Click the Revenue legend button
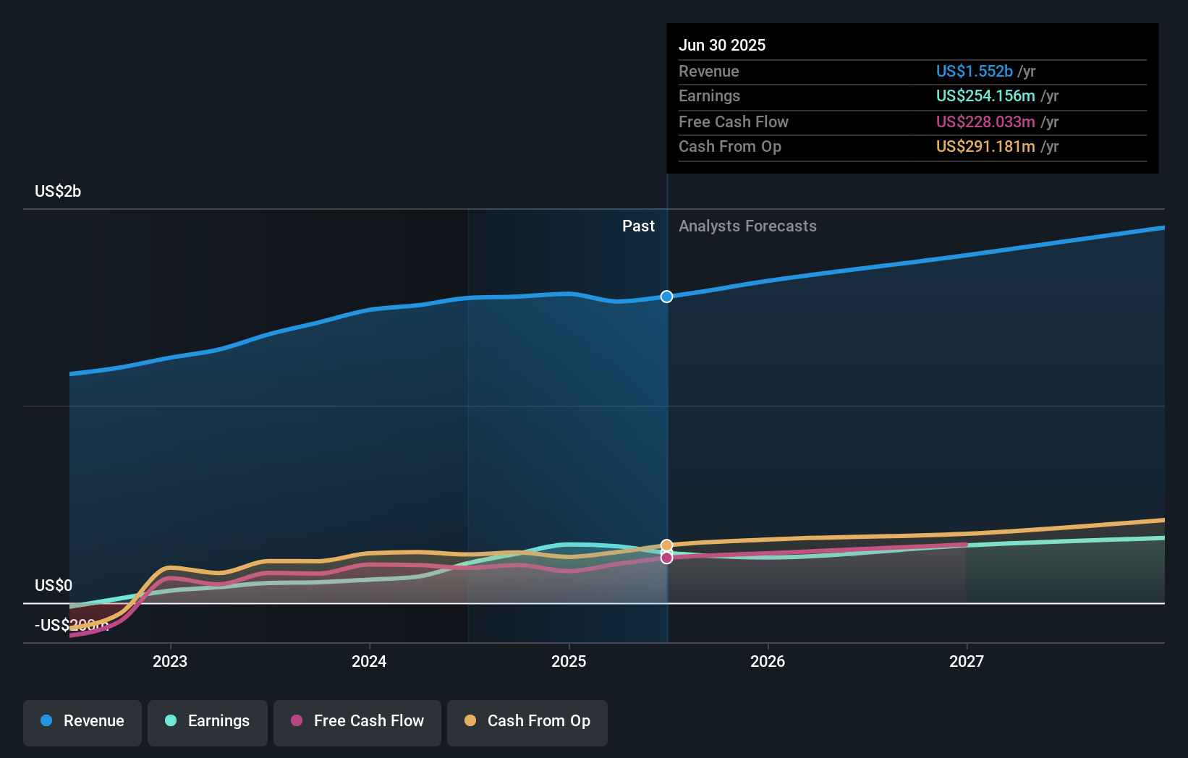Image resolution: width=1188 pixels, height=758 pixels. point(82,721)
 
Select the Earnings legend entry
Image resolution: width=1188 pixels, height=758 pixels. point(208,721)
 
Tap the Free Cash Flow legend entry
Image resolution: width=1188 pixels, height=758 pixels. point(357,721)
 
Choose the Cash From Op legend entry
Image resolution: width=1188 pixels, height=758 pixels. point(527,721)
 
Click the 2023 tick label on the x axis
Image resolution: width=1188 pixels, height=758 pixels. point(170,661)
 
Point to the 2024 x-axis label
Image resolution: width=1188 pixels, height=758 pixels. point(369,661)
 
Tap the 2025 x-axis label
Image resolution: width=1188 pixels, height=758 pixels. point(569,661)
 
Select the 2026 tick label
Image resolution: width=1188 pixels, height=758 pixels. point(768,661)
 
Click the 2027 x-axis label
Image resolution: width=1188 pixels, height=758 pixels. point(967,661)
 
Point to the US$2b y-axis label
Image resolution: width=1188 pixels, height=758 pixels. point(58,192)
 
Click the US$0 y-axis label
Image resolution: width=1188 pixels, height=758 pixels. point(54,585)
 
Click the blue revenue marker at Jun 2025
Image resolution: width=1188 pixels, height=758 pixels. point(666,297)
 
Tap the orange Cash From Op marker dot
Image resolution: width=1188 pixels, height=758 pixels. point(666,545)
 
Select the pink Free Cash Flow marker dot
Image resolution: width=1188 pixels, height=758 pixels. point(666,558)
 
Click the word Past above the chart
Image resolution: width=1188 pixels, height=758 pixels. point(638,226)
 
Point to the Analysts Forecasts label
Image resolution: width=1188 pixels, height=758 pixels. point(747,226)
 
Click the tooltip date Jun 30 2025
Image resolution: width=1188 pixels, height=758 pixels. point(722,45)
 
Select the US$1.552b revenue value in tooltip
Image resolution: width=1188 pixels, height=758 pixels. point(974,72)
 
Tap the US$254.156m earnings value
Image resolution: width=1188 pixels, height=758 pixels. point(985,96)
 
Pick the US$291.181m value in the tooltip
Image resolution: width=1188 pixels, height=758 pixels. point(985,147)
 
